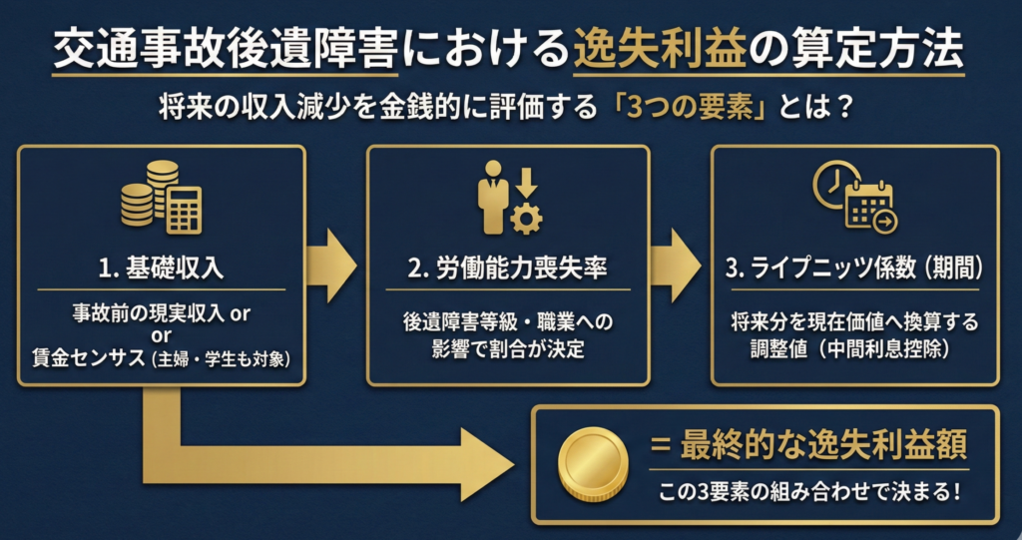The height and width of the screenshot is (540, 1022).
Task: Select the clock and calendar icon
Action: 854,197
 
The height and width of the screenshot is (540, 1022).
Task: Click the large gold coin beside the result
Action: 594,462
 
